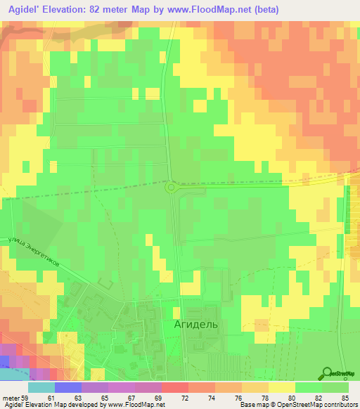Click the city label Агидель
coord(196,325)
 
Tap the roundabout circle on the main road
coord(171,187)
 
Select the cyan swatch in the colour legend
coord(41,387)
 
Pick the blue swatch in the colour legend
coord(67,387)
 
